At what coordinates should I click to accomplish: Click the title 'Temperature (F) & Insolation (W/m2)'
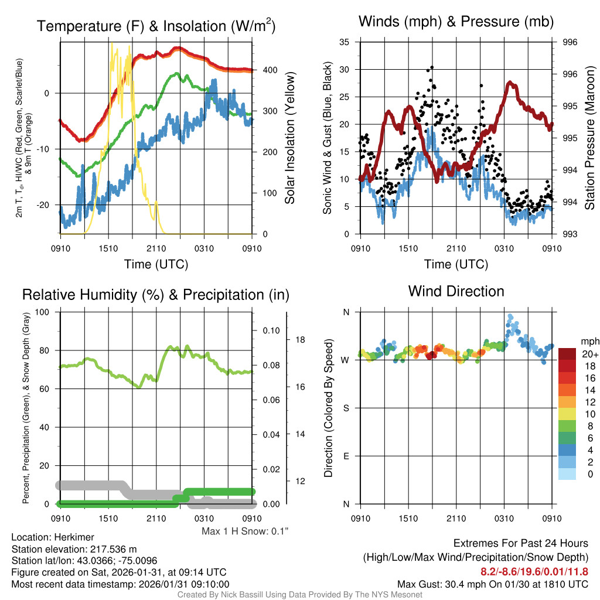tap(156, 26)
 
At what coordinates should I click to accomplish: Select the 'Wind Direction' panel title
tap(456, 291)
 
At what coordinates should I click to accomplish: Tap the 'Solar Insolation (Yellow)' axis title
tap(290, 138)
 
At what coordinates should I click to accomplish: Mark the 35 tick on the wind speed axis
tap(345, 42)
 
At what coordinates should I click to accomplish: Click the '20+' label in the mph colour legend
tap(590, 354)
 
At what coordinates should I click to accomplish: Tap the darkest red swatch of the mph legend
tap(568, 354)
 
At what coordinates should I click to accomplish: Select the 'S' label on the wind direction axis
tap(346, 408)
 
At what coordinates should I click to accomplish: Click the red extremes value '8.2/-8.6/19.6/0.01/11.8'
tap(534, 572)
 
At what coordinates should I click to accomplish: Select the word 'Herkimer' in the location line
tap(71, 537)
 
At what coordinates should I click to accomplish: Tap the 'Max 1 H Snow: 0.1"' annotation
tap(246, 531)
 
